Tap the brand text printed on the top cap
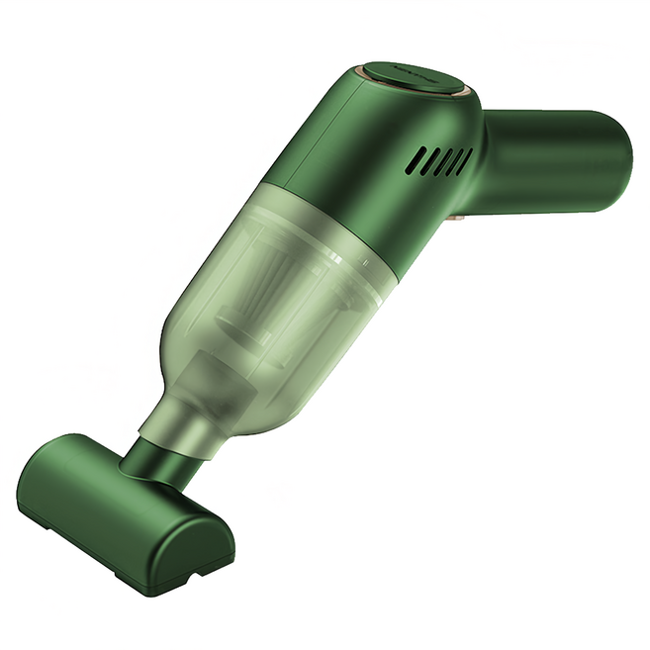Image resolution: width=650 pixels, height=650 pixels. point(407,72)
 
